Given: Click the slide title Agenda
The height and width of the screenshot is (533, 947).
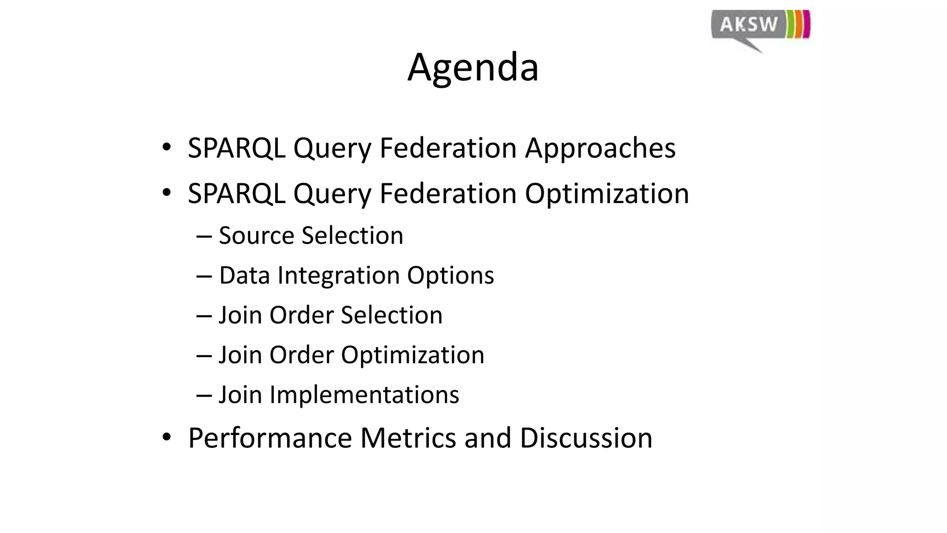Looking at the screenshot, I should coord(473,68).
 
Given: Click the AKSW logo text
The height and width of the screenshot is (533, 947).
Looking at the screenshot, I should coord(749,24).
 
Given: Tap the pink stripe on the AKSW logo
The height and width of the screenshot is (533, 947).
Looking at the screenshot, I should coord(807,24).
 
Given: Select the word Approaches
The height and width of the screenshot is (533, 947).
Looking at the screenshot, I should coord(600,149).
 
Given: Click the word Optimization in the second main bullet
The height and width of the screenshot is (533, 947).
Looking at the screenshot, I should coord(606,193).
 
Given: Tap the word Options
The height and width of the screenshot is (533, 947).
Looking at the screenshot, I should coord(450,275).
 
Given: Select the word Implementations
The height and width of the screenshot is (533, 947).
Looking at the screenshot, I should coord(364,395).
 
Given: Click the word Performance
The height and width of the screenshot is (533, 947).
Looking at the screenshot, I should coord(270,438).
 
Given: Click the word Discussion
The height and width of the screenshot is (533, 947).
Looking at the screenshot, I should coord(585,438).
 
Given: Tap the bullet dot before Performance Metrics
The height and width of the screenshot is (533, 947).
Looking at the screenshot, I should coord(166,437).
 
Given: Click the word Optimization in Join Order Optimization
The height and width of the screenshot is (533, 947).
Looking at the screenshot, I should coord(412,355).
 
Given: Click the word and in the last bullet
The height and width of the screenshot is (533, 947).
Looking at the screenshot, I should coord(487,438).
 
